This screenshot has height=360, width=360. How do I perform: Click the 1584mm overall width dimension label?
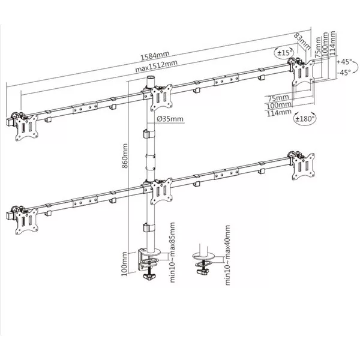(x=155, y=56)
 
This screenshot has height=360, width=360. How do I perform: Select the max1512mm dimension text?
(x=156, y=66)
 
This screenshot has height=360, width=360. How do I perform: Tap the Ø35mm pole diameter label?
(x=170, y=119)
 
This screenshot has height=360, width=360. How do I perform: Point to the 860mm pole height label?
(x=125, y=156)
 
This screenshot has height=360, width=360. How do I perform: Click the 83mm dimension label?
(x=302, y=41)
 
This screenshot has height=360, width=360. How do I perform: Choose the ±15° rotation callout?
(x=284, y=53)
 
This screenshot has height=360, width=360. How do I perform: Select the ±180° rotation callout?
(x=305, y=119)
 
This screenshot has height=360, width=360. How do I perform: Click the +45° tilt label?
(x=344, y=62)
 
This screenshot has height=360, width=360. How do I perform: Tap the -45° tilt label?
(x=344, y=73)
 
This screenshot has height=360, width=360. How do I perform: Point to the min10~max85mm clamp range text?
(x=172, y=253)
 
